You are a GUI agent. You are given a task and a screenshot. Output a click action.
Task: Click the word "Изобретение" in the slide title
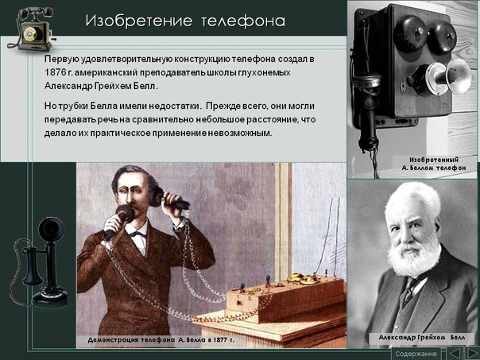[138, 21]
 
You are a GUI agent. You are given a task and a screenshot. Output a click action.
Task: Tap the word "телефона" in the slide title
[243, 21]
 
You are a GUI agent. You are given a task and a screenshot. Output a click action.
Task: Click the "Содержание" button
[416, 354]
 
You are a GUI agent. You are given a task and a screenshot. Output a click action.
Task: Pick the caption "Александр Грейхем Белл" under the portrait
[422, 338]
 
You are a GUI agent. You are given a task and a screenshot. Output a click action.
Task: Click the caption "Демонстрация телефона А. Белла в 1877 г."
[161, 340]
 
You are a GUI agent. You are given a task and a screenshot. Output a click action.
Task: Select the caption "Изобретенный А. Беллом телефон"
[434, 164]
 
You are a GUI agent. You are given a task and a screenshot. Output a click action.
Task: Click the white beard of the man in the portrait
[414, 257]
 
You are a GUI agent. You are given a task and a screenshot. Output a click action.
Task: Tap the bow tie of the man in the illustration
[137, 234]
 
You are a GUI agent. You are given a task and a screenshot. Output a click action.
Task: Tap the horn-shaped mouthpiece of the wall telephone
[442, 77]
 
